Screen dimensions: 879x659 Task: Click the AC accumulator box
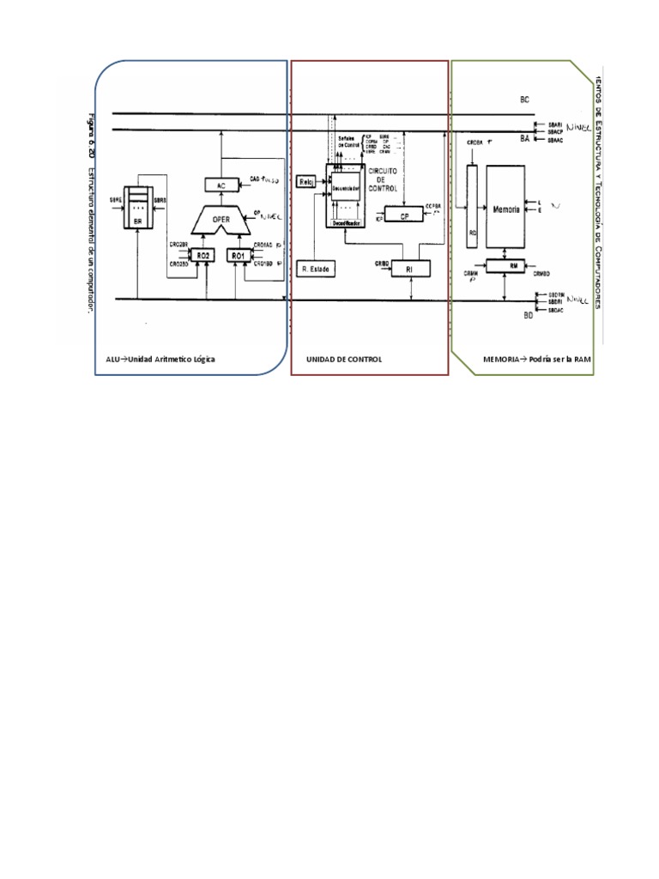[221, 185]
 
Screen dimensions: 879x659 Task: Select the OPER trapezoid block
[221, 219]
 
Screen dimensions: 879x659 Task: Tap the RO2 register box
[203, 256]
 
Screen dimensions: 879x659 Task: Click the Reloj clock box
[305, 182]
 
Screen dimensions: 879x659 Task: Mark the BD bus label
[529, 316]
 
